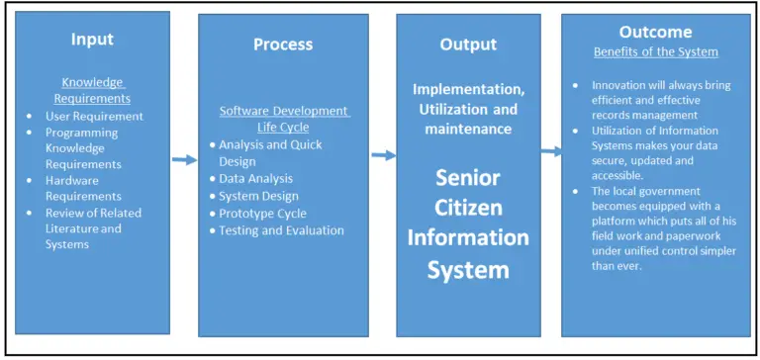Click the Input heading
tap(92, 40)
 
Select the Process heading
tap(283, 44)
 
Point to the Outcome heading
tap(655, 32)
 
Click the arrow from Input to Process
tap(184, 159)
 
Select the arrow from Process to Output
tap(383, 154)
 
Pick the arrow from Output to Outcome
tap(550, 151)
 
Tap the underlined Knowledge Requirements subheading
tap(96, 91)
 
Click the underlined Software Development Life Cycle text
tap(283, 118)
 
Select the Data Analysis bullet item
tap(256, 178)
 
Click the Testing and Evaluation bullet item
tap(282, 230)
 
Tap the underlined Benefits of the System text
tap(655, 50)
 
